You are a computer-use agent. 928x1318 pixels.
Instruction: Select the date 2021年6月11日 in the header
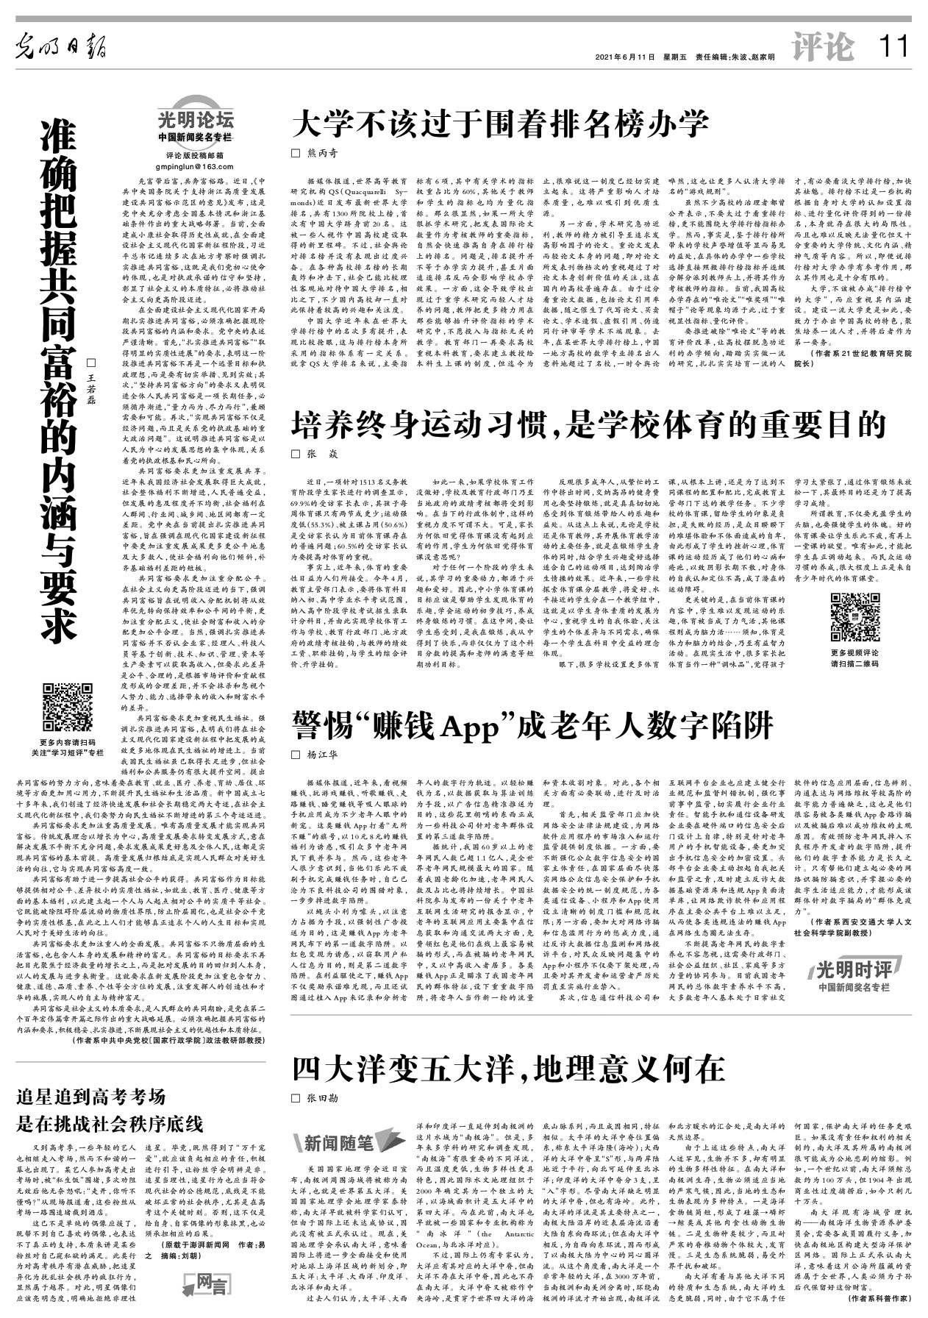pos(624,57)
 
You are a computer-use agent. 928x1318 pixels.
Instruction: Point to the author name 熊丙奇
pos(322,153)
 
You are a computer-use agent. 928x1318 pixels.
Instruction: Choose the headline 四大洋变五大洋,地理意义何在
pos(508,1069)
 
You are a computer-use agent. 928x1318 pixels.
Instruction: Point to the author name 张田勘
pos(322,1098)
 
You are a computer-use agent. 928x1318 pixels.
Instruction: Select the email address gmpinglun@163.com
pos(195,168)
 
